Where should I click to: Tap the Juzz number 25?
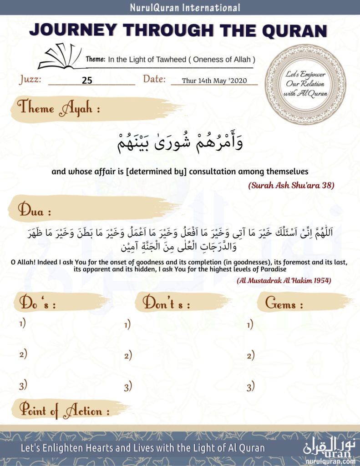click(87, 81)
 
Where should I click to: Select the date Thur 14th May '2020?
click(214, 81)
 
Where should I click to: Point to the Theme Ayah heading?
click(58, 109)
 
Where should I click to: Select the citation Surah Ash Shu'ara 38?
click(291, 185)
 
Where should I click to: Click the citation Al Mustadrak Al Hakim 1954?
click(284, 280)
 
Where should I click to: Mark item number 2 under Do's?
click(23, 355)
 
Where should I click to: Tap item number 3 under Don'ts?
click(128, 387)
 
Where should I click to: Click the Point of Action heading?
click(64, 411)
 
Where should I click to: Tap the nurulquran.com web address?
click(331, 461)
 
